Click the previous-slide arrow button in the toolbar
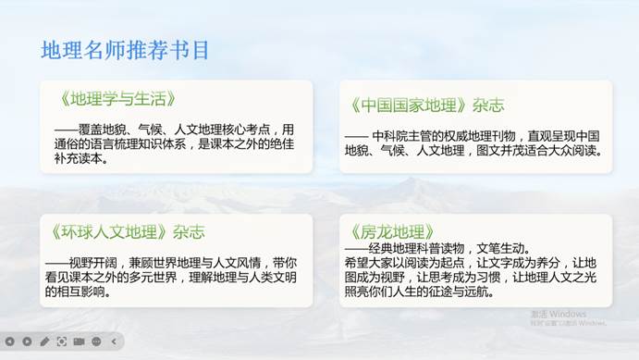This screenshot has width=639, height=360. click(10, 342)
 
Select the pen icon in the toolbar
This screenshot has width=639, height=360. click(44, 342)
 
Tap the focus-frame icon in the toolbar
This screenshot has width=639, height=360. click(62, 342)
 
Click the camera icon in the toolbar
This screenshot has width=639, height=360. click(80, 342)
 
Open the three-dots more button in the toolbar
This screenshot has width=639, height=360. click(96, 342)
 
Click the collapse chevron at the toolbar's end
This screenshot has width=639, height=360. click(114, 342)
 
